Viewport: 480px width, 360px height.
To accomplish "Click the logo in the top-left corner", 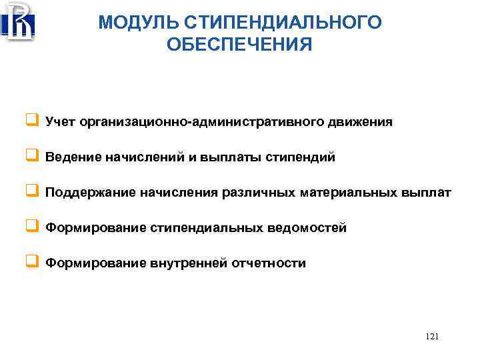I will (19, 21).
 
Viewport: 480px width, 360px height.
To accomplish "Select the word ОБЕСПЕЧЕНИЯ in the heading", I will (240, 45).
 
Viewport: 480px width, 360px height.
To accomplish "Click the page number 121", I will (431, 337).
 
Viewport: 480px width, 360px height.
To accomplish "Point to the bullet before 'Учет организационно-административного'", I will (31, 122).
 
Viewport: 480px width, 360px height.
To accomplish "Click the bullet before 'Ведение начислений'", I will (31, 157).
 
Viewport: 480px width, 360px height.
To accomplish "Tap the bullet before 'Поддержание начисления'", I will (31, 193).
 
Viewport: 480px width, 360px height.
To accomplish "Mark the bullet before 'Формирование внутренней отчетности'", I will (31, 263).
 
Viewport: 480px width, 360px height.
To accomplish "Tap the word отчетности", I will (269, 263).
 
